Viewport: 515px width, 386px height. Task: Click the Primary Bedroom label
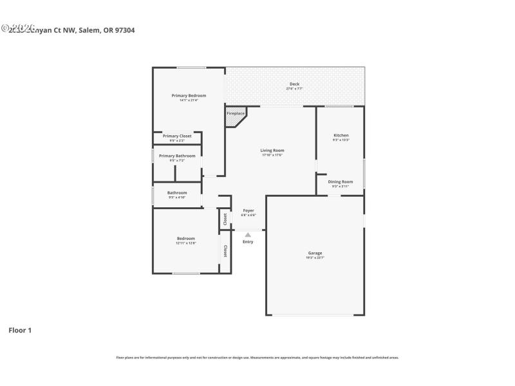click(x=189, y=95)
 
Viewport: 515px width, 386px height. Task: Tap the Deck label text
click(x=294, y=84)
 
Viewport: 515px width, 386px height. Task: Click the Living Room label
click(x=272, y=151)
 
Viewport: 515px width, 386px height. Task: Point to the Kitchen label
click(x=341, y=135)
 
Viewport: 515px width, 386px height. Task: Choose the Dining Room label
click(x=341, y=182)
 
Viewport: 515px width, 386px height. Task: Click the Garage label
click(x=315, y=253)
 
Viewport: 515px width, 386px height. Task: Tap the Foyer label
click(x=248, y=210)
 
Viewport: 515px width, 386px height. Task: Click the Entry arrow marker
click(x=248, y=235)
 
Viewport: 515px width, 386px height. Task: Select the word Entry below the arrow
click(x=248, y=242)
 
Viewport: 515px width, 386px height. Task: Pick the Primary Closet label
click(x=177, y=136)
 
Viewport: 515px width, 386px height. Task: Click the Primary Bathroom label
click(x=177, y=156)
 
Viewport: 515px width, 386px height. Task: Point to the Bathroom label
click(x=177, y=193)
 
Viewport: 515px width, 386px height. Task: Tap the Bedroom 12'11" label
click(x=186, y=239)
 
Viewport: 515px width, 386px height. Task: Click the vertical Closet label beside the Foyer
click(x=225, y=219)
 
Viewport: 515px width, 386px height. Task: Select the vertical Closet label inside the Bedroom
click(x=225, y=251)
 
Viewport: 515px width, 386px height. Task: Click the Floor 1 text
click(x=20, y=330)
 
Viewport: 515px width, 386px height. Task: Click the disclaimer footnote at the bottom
click(x=257, y=357)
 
